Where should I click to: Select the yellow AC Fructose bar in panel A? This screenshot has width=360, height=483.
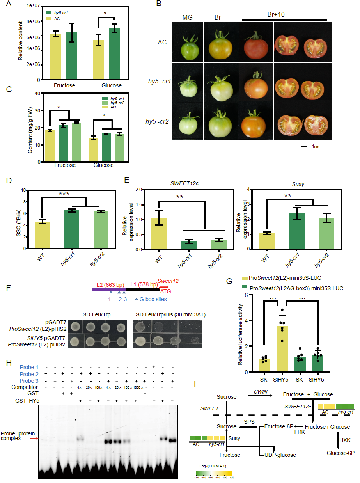coord(56,57)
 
